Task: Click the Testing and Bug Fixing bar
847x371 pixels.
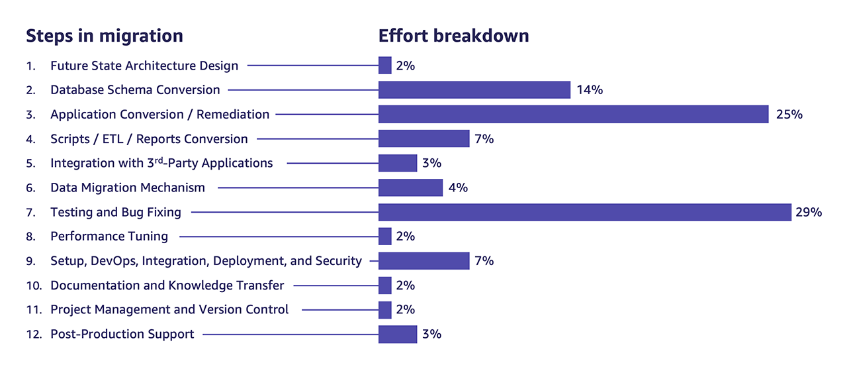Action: pyautogui.click(x=585, y=212)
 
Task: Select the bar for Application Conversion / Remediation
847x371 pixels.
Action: pyautogui.click(x=573, y=114)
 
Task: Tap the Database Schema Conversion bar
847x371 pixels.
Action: pyautogui.click(x=474, y=89)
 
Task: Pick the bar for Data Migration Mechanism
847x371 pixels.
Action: pyautogui.click(x=410, y=187)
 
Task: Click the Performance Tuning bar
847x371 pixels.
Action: pyautogui.click(x=385, y=236)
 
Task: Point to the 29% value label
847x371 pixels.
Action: pyautogui.click(x=809, y=212)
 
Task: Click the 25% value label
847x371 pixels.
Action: pyautogui.click(x=789, y=114)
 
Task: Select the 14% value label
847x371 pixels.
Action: pyautogui.click(x=590, y=89)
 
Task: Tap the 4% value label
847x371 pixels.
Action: pyautogui.click(x=458, y=187)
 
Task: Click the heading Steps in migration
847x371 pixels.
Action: pyautogui.click(x=105, y=36)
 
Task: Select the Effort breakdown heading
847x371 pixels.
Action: pyautogui.click(x=453, y=36)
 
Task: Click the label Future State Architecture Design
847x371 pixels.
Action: pyautogui.click(x=144, y=66)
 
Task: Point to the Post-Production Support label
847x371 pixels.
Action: pyautogui.click(x=122, y=334)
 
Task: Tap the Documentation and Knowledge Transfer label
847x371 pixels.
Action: pyautogui.click(x=167, y=286)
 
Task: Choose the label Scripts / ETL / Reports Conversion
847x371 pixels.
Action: pyautogui.click(x=149, y=139)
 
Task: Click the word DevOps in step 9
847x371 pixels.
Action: pyautogui.click(x=113, y=261)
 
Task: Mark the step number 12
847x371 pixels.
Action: pyautogui.click(x=32, y=334)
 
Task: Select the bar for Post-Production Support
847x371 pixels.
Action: pyautogui.click(x=398, y=334)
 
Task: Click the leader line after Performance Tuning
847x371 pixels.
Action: pyautogui.click(x=278, y=237)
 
